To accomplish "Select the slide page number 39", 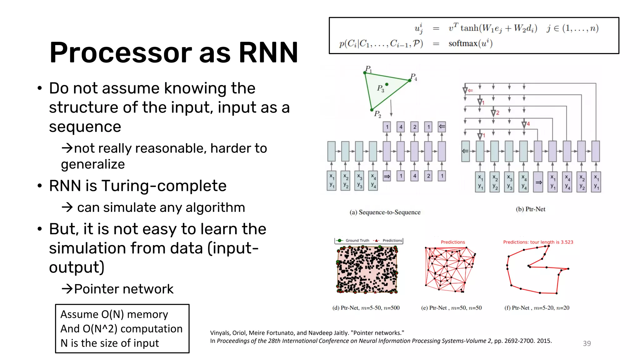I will click(x=587, y=343).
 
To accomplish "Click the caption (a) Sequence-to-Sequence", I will click(x=385, y=212).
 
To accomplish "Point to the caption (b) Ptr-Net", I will click(x=530, y=209).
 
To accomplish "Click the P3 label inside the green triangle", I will click(x=380, y=88).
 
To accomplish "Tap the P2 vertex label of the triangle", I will click(x=377, y=114).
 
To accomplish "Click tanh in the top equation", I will click(x=469, y=28).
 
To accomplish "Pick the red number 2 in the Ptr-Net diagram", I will click(x=498, y=113).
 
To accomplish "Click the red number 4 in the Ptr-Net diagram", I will click(x=528, y=124).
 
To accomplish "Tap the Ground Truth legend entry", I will click(x=357, y=241).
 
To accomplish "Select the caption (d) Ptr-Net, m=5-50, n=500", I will click(x=366, y=308).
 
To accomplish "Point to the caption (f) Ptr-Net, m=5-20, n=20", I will click(x=537, y=308).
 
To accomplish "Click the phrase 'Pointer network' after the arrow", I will click(x=124, y=289).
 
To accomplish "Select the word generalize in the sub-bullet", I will click(x=93, y=164).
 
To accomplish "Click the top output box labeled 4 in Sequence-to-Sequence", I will click(x=401, y=127).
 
